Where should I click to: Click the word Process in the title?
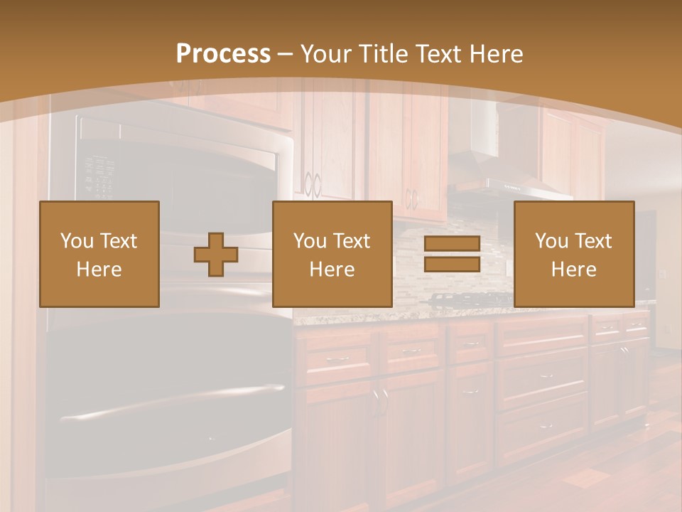click(x=223, y=53)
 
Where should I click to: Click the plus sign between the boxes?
click(x=216, y=255)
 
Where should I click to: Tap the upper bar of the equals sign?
click(x=452, y=244)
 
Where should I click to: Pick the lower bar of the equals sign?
click(x=452, y=265)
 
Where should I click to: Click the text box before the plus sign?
click(x=99, y=254)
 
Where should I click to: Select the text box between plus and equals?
click(x=332, y=254)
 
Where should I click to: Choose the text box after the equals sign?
click(x=573, y=254)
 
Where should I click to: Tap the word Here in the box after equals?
click(x=573, y=269)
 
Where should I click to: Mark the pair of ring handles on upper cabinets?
click(x=312, y=185)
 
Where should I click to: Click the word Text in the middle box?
click(x=352, y=240)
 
